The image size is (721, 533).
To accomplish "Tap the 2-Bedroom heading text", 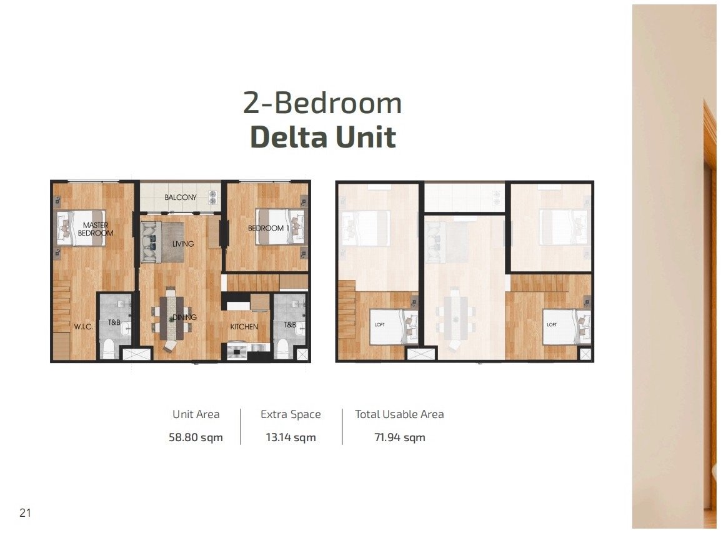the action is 322,102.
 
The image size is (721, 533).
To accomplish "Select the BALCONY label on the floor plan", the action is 181,197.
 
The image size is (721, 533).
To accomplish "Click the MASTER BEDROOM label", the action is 96,229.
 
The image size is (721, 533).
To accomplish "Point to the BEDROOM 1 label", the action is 269,228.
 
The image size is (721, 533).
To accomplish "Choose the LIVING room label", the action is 183,244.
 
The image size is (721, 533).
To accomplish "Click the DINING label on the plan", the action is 184,317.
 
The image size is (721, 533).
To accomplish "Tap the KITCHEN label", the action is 244,327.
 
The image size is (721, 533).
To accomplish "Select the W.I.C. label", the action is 84,327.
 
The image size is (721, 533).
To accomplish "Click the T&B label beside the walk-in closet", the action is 114,322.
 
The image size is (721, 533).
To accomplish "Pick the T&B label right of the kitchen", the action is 290,325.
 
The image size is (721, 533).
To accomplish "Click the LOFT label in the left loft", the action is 379,325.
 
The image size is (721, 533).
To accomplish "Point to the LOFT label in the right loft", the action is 552,325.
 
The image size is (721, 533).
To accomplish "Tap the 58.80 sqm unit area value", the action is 196,437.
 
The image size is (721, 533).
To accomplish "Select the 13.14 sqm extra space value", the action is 291,437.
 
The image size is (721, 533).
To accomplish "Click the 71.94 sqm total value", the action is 400,437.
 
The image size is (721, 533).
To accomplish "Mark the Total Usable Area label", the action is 399,414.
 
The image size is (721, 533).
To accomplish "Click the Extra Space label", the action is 291,415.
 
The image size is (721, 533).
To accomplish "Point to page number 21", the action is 25,513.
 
